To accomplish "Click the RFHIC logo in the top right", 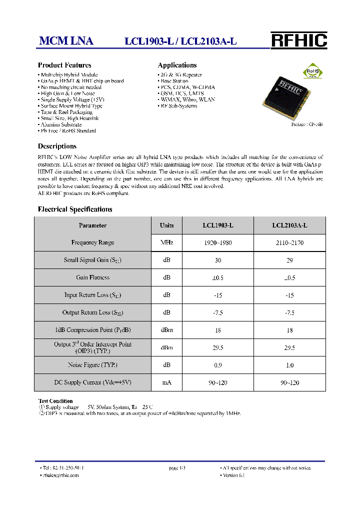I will point(298,40).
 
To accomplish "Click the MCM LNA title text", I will point(66,41).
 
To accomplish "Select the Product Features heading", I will point(64,65).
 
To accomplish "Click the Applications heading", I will point(177,65).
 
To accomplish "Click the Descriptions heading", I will point(57,146).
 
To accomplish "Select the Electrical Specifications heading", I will point(75,209).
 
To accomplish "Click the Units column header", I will point(166,225).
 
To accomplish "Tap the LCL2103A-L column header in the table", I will point(289,225).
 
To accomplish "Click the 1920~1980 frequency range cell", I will point(218,242).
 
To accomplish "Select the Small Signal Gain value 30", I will point(218,260).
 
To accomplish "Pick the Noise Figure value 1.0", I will point(289,365).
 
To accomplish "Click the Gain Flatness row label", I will point(92,277).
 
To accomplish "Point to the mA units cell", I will point(166,382).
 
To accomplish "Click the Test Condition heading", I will point(55,401).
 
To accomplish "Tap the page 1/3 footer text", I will point(177,468).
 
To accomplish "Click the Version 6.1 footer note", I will point(233,475).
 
